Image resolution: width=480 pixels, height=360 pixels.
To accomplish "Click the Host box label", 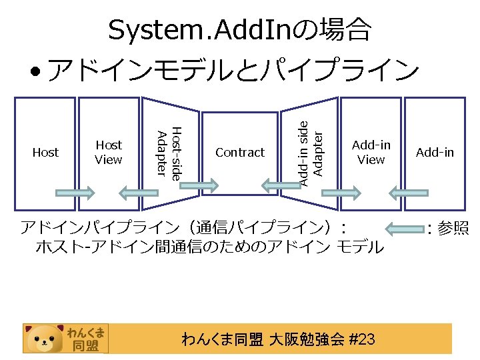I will click(x=45, y=153).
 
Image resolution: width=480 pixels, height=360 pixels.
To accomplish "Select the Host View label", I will click(x=109, y=152).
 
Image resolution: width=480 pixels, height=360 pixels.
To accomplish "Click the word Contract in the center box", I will click(x=240, y=153).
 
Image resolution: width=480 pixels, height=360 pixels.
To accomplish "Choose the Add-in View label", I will click(x=371, y=152).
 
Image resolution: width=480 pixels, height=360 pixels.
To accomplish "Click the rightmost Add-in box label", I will click(x=435, y=153).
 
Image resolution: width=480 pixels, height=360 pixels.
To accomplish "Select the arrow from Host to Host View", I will click(x=75, y=193).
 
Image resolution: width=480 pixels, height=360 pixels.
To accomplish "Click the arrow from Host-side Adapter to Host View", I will click(x=138, y=193).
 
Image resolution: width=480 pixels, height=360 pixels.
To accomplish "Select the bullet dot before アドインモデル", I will click(x=33, y=71).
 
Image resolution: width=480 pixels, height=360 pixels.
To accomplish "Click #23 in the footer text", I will click(x=361, y=340).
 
